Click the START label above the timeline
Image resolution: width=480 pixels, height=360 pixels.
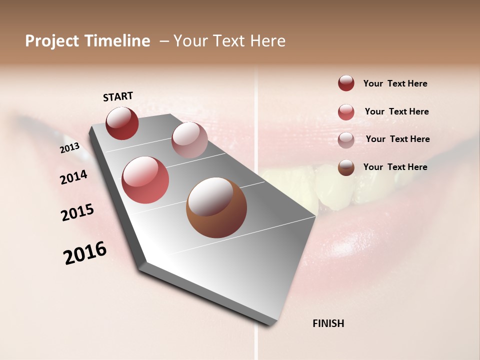point(118,96)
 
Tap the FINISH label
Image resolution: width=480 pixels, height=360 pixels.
point(328,323)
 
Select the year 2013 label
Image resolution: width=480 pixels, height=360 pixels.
point(69,147)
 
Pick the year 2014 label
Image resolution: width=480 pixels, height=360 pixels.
point(73,177)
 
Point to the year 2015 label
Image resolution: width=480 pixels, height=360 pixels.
point(77,212)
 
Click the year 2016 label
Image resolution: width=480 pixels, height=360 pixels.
point(85,252)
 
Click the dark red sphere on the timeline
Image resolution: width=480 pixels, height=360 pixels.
point(122,123)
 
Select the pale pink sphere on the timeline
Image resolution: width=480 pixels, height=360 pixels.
point(189,140)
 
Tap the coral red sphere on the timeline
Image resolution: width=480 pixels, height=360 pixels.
point(145,180)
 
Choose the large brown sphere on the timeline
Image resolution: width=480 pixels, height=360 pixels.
point(216,207)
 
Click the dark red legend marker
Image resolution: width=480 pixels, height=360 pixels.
point(346,83)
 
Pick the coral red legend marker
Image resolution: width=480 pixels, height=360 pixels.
point(346,112)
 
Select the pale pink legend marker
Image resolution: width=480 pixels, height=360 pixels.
point(346,140)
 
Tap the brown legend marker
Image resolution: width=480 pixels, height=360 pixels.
point(346,167)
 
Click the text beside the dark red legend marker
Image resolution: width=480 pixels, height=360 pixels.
point(395,83)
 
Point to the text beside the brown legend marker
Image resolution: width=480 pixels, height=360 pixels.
point(395,167)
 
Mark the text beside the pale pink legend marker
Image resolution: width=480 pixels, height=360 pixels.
point(397,139)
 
